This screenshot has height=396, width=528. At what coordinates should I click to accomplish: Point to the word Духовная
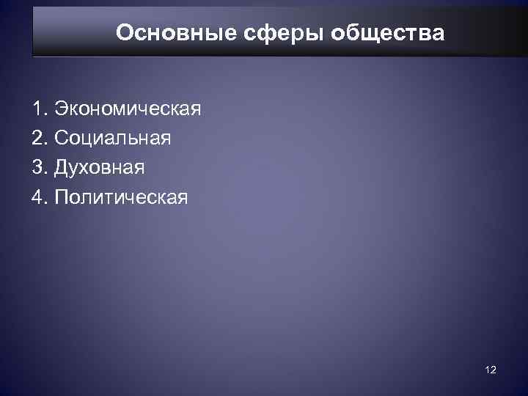click(98, 168)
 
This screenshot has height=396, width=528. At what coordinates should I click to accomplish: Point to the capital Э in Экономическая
click(59, 111)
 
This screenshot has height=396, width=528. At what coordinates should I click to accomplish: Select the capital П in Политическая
click(59, 197)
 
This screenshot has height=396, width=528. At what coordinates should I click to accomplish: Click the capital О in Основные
click(125, 33)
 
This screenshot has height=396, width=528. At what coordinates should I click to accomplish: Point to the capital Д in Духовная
click(59, 168)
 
